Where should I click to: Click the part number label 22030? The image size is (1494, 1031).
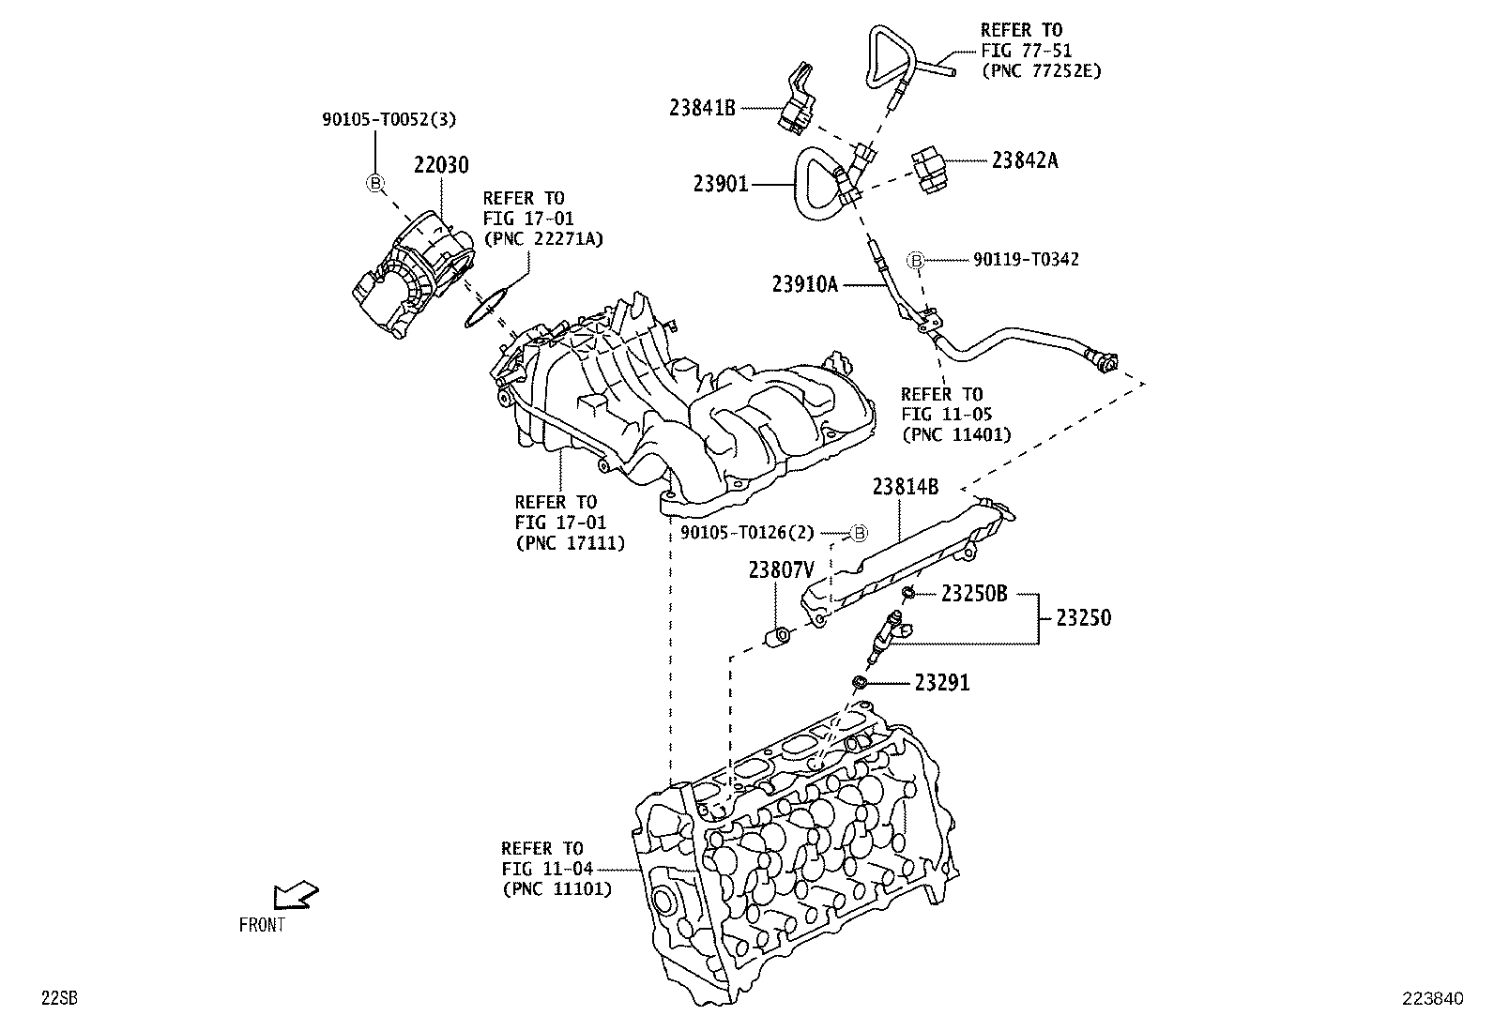tap(441, 165)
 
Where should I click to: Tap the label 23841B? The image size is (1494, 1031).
tap(702, 107)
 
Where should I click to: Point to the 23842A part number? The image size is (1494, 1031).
tap(1025, 160)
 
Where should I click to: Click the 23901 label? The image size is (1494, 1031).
tap(721, 184)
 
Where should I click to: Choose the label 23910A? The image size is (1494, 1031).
tap(804, 283)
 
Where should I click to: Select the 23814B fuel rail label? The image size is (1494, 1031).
tap(905, 486)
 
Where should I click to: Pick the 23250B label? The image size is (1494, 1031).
tap(974, 593)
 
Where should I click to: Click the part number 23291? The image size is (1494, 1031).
tap(941, 683)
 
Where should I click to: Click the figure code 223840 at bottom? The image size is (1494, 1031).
tap(1433, 999)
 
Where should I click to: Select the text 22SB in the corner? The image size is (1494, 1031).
tap(58, 999)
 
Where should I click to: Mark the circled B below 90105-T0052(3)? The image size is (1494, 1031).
tap(374, 183)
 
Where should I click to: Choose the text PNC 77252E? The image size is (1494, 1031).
tap(1041, 70)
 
